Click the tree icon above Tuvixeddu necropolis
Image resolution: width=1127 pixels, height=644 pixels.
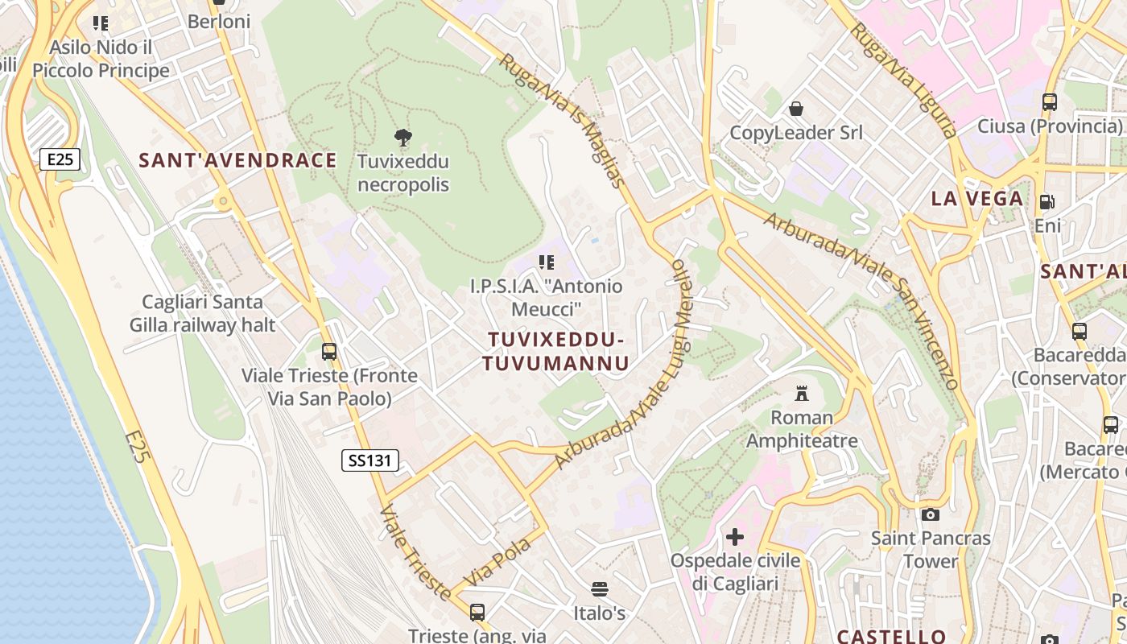point(403,137)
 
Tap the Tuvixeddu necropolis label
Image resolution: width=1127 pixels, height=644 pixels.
point(403,173)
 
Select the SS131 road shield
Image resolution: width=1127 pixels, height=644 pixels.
point(370,460)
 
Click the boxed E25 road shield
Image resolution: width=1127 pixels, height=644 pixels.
point(60,159)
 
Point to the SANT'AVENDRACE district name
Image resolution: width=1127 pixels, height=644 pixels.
point(237,160)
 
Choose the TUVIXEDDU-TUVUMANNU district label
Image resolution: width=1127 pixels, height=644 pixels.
point(555,351)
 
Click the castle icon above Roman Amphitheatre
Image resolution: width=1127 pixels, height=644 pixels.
point(802,394)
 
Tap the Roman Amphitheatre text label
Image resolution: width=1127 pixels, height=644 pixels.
point(802,429)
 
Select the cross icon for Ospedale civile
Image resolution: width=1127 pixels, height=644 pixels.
point(734,536)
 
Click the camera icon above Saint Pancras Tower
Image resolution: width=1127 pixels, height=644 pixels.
point(931,514)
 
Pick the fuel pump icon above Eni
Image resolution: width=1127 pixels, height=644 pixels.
point(1047,202)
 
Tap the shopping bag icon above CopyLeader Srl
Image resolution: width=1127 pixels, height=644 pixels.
point(796,109)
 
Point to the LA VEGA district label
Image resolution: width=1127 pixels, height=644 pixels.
point(977,199)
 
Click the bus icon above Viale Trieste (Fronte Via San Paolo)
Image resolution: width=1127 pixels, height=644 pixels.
point(329,352)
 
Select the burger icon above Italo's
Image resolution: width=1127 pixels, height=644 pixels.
point(599,589)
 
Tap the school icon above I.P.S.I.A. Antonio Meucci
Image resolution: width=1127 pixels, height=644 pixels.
point(547,262)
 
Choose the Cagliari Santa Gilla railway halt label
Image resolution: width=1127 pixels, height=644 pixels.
point(203,313)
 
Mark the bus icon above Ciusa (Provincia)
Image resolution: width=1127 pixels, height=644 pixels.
point(1049,102)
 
